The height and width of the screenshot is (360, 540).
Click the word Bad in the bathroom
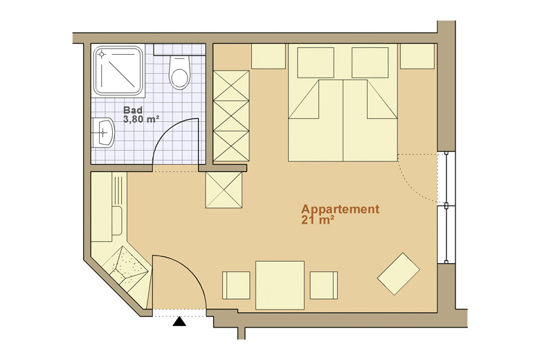pos(133,110)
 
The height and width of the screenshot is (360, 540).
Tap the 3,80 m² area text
pos(141,119)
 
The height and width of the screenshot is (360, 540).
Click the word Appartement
pos(340,210)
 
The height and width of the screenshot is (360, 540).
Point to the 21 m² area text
pos(318,220)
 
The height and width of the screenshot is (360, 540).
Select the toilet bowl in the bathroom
pos(180,72)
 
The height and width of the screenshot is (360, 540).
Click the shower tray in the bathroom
pos(119,71)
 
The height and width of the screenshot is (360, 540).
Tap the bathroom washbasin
pos(102,133)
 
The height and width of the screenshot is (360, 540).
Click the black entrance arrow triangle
pos(179,321)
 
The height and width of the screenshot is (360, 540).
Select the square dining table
pos(280,285)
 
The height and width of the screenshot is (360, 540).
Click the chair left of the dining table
pos(236,285)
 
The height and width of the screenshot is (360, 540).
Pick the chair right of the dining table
pos(324,285)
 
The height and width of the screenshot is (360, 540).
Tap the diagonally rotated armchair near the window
pos(399,274)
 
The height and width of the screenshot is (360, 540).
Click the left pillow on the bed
pos(316,62)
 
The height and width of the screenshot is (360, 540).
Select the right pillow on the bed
pos(370,62)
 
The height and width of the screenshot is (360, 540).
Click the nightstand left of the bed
pos(269,56)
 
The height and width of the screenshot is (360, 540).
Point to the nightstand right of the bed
pos(417,56)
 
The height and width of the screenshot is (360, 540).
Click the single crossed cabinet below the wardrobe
pos(224,190)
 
